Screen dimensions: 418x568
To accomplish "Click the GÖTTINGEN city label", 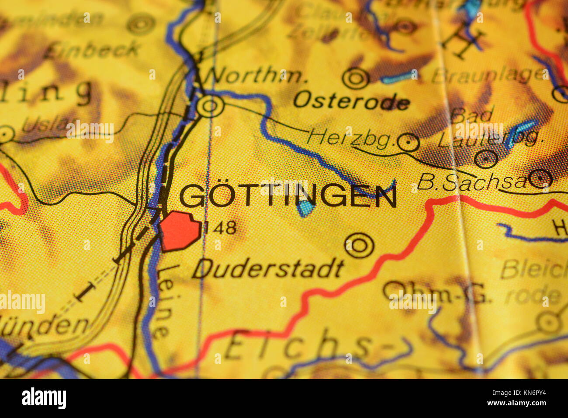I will [x=288, y=195].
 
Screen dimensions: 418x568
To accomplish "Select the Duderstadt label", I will [x=267, y=268].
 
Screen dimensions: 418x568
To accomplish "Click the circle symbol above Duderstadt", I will [x=359, y=245].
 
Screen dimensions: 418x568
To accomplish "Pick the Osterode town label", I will [x=351, y=101].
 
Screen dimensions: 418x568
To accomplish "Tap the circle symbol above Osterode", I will [x=356, y=78].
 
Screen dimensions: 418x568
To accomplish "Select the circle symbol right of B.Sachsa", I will [x=541, y=178].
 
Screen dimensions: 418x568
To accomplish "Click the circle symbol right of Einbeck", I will [x=141, y=24].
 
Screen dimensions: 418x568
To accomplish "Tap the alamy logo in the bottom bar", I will [x=44, y=398].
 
